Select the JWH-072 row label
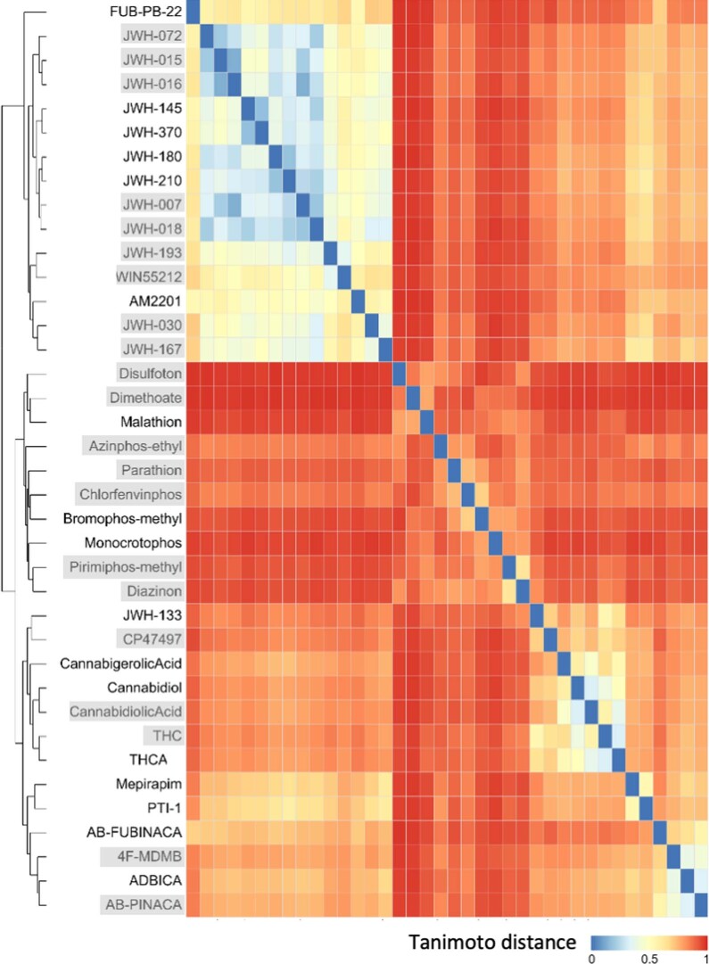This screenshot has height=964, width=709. click(x=153, y=37)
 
